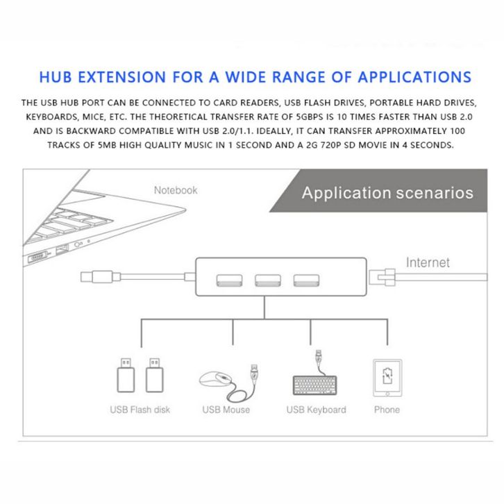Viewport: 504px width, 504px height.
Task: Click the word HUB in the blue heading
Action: [x=56, y=77]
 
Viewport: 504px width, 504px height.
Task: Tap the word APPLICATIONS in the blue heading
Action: [x=414, y=77]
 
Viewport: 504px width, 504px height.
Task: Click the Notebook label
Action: [x=176, y=190]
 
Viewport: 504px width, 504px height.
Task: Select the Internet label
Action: [x=428, y=262]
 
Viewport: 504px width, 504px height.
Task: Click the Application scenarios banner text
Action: [x=387, y=193]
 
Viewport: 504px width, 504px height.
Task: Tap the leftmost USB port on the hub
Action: [x=229, y=280]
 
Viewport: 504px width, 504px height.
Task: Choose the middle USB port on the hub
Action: [x=268, y=280]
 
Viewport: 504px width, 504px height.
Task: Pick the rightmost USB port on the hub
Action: [x=306, y=280]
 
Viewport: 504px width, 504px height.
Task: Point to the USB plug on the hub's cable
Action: [x=100, y=277]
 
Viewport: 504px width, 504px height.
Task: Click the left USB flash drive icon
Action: [x=126, y=375]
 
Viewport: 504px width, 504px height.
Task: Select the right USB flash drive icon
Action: [x=155, y=375]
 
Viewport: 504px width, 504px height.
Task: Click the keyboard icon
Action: [x=315, y=385]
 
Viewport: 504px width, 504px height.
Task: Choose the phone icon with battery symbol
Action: [x=387, y=378]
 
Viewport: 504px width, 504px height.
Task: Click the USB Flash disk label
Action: [x=140, y=410]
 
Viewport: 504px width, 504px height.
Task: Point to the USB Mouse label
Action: [x=226, y=410]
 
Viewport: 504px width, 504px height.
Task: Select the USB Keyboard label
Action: [x=317, y=410]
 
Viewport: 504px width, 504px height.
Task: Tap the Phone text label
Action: [x=387, y=410]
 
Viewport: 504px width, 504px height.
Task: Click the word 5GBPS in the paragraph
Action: [x=309, y=117]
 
